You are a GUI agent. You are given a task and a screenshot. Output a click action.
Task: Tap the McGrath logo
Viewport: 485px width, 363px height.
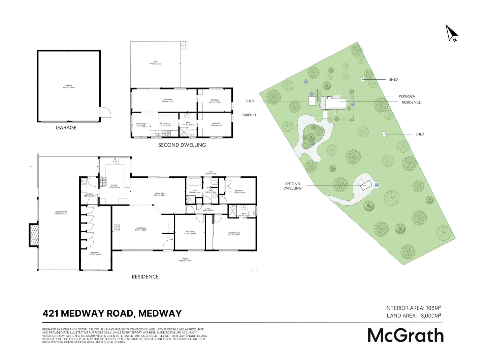(406, 335)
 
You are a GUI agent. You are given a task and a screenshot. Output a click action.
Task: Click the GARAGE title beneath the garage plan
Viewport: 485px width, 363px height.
(66, 128)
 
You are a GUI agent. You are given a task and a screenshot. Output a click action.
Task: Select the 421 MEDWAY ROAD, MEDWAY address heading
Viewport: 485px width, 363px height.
(112, 313)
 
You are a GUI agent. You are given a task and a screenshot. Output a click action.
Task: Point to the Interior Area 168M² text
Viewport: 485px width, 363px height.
(413, 308)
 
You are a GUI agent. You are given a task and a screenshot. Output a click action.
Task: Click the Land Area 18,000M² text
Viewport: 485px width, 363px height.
(414, 316)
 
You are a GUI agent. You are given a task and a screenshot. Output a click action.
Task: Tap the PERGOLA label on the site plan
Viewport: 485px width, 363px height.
(407, 96)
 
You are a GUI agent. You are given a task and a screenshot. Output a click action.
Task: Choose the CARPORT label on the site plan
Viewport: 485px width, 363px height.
(249, 115)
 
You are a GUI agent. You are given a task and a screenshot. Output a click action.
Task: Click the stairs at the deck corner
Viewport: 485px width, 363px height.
(185, 45)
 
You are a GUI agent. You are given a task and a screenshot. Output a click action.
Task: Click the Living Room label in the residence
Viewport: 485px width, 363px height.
(140, 229)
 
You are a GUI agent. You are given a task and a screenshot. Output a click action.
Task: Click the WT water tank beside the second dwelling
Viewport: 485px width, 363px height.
(377, 185)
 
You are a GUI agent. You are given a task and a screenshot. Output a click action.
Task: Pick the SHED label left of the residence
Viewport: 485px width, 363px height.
(250, 101)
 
